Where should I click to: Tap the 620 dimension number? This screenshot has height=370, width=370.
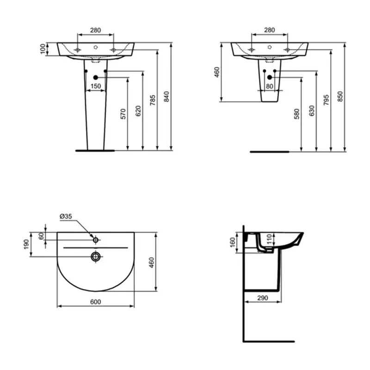pyautogui.click(x=137, y=111)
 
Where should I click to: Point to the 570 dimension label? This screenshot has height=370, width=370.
pyautogui.click(x=123, y=114)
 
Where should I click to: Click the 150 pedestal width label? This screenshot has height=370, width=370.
pyautogui.click(x=95, y=86)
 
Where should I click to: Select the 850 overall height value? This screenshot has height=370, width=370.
pyautogui.click(x=340, y=96)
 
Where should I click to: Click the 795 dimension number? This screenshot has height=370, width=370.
pyautogui.click(x=326, y=100)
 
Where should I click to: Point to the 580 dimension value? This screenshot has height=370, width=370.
pyautogui.click(x=296, y=114)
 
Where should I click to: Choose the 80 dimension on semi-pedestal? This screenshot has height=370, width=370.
pyautogui.click(x=270, y=86)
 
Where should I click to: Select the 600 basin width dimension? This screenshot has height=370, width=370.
pyautogui.click(x=95, y=302)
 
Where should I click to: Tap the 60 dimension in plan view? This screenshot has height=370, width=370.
pyautogui.click(x=41, y=236)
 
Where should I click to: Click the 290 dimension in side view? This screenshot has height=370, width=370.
pyautogui.click(x=262, y=298)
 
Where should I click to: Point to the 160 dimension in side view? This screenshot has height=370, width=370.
pyautogui.click(x=233, y=243)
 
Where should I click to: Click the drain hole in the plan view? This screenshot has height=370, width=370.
pyautogui.click(x=96, y=256)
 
